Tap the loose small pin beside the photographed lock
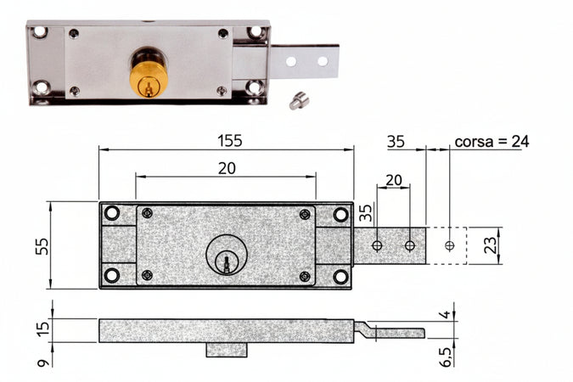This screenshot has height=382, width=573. tap(298, 101)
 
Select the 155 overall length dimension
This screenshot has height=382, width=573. tap(228, 141)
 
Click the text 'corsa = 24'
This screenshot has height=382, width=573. tap(492, 141)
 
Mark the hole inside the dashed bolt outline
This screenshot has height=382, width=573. tap(449, 246)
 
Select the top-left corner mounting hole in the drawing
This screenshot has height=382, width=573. tap(112, 215)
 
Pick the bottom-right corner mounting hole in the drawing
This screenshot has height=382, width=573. tap(340, 276)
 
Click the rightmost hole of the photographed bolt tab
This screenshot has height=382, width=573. tap(323, 61)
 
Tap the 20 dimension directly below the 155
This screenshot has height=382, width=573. tap(227, 168)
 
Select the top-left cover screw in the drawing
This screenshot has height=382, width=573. tap(148, 213)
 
